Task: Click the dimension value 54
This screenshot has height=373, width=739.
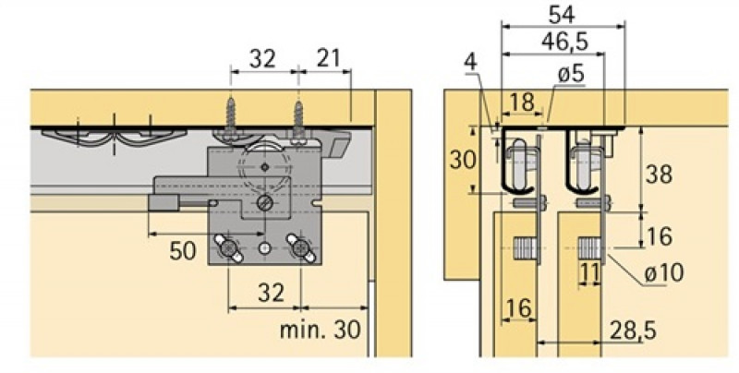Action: [563, 15]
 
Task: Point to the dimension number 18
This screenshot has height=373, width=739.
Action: [522, 102]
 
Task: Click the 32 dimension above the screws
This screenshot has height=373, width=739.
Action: [263, 58]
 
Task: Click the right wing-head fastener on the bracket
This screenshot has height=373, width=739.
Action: [300, 247]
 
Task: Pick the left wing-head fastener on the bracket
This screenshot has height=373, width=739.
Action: [227, 247]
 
